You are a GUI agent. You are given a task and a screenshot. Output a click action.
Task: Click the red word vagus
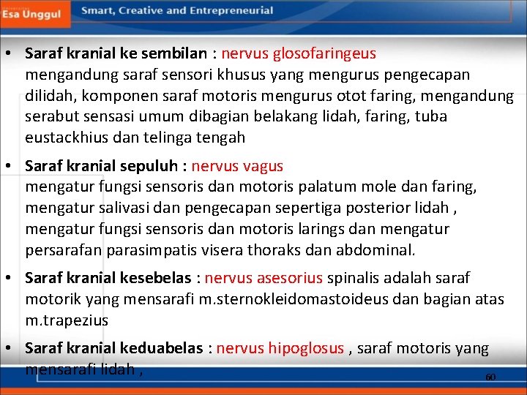coord(261,166)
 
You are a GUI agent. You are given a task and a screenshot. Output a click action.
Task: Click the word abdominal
coord(375,250)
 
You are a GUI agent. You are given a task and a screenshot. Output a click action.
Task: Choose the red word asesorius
coord(287,278)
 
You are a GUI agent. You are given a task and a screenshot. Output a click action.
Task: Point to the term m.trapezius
coord(67,320)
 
